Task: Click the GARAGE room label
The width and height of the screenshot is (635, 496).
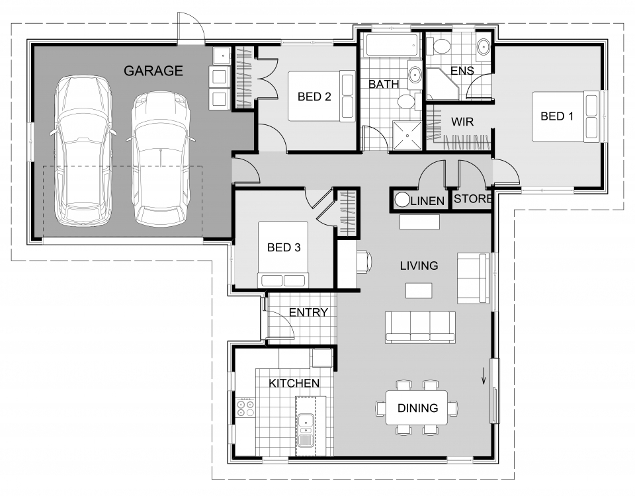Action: click(153, 71)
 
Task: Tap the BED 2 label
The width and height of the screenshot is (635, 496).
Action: click(314, 97)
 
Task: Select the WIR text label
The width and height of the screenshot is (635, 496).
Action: click(462, 122)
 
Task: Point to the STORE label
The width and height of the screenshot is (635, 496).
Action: click(472, 199)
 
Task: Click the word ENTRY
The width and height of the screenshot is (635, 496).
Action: click(308, 312)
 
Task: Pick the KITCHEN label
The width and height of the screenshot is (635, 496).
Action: click(294, 383)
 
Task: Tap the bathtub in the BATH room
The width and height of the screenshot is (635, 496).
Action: click(392, 45)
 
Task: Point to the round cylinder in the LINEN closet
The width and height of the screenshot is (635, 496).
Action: click(402, 200)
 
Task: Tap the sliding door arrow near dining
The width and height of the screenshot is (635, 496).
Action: click(484, 376)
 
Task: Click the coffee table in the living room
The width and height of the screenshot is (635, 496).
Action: click(419, 290)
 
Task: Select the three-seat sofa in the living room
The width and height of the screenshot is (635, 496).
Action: click(421, 327)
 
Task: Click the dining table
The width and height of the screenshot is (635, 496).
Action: click(417, 407)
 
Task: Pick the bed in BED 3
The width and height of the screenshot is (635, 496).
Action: click(283, 255)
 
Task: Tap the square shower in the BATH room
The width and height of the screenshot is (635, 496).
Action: click(407, 135)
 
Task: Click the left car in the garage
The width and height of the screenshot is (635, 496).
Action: click(83, 151)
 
